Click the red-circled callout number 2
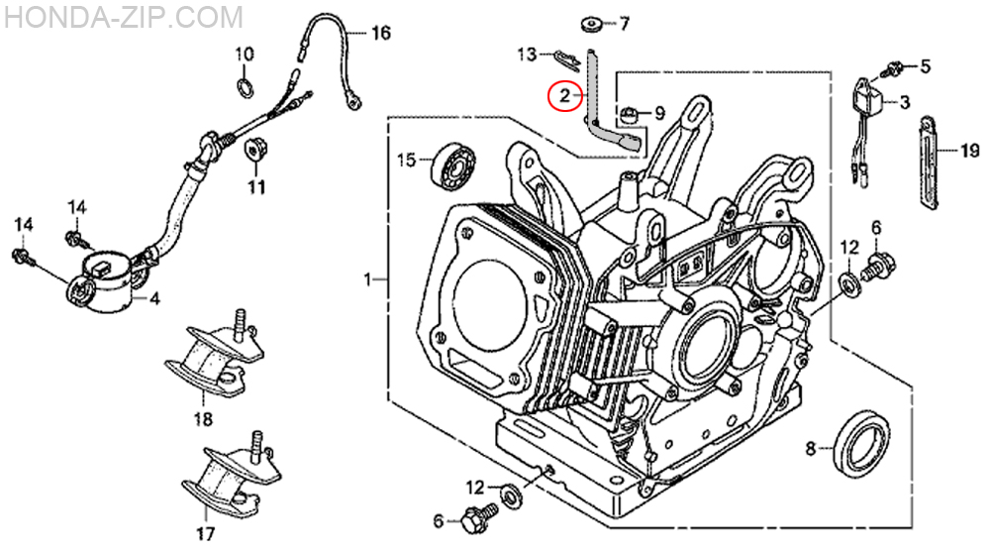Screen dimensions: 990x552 pyautogui.click(x=564, y=95)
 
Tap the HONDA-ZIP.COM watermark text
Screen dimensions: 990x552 pyautogui.click(x=123, y=17)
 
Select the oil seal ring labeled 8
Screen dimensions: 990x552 pyautogui.click(x=862, y=444)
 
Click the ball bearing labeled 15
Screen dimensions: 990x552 pyautogui.click(x=453, y=165)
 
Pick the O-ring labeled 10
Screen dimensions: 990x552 pyautogui.click(x=245, y=85)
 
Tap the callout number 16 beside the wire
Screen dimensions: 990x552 pyautogui.click(x=381, y=33)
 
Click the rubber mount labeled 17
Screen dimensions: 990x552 pyautogui.click(x=231, y=472)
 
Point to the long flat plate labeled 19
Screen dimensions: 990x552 pyautogui.click(x=928, y=163)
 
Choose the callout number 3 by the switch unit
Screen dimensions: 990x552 pyautogui.click(x=905, y=101)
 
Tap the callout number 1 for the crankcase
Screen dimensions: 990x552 pyautogui.click(x=368, y=278)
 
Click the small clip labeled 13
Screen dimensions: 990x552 pyautogui.click(x=567, y=59)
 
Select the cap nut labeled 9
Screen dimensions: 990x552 pyautogui.click(x=628, y=114)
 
